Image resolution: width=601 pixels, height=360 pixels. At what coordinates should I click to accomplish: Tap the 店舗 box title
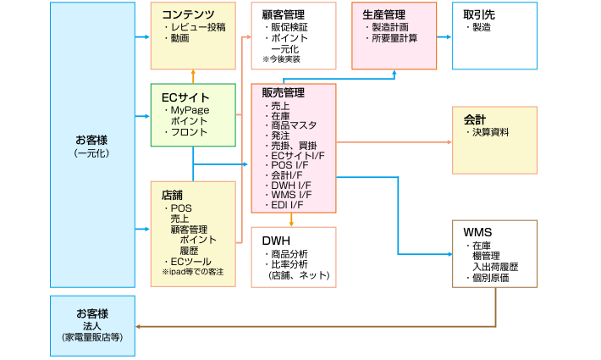tap(173, 194)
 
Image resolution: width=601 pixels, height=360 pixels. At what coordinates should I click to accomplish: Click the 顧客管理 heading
tap(284, 15)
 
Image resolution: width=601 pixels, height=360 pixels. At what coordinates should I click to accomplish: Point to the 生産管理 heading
tap(383, 14)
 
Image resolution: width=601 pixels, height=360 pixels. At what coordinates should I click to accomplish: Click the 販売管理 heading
tap(284, 93)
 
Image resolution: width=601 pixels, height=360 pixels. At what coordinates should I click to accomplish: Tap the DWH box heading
tap(277, 240)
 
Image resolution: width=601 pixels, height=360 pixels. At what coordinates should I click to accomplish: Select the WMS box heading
tap(477, 232)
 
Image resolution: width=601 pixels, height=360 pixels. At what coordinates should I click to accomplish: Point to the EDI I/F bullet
tap(288, 204)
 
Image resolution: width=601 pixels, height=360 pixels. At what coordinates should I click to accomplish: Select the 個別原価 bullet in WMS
tap(490, 278)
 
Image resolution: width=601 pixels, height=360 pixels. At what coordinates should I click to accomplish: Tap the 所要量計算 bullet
tap(393, 38)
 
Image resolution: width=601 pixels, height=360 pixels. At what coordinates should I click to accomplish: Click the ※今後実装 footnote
tap(281, 59)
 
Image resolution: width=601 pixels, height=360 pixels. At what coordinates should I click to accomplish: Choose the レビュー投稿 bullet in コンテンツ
tap(196, 27)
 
